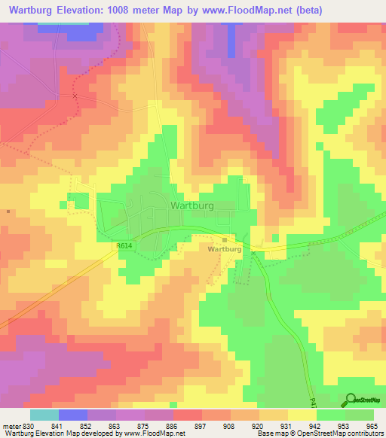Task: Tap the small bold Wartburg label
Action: click(224, 248)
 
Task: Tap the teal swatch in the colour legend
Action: click(44, 415)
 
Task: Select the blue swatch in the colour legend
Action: click(73, 415)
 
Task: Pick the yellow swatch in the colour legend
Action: click(302, 415)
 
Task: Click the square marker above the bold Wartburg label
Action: click(224, 239)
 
